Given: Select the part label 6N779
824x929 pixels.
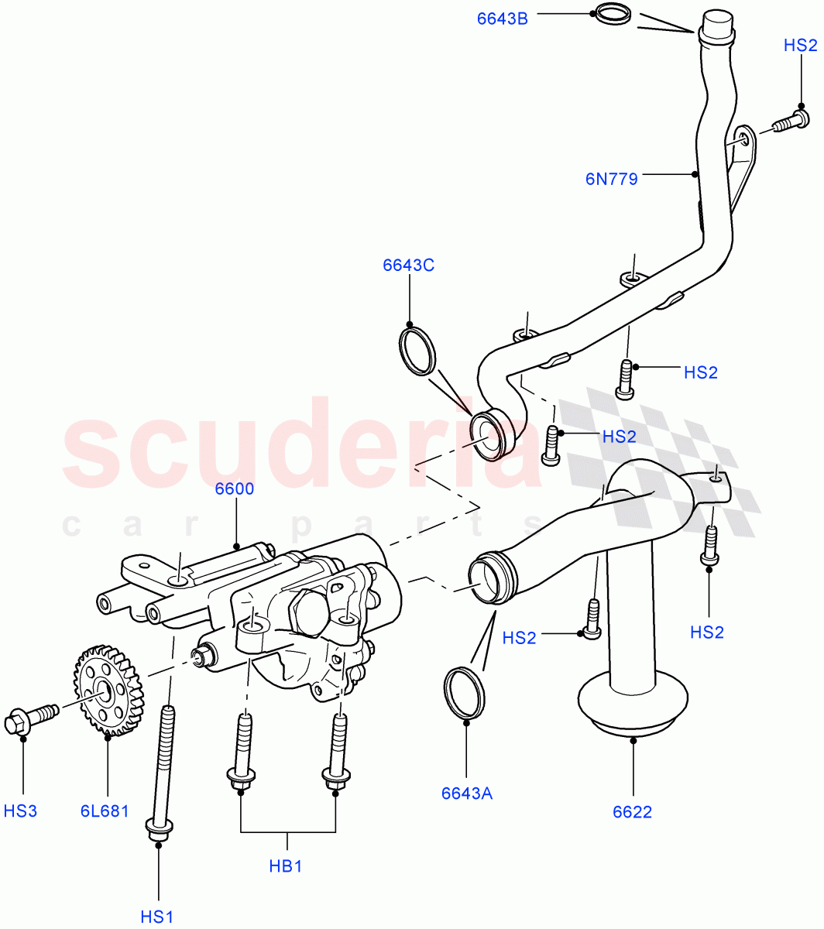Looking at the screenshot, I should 612,180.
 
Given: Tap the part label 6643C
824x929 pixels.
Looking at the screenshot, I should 408,266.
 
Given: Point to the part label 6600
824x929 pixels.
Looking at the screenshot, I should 235,489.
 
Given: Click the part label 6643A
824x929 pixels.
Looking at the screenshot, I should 467,793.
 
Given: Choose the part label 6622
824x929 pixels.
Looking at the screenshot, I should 632,811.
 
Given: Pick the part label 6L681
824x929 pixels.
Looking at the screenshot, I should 104,811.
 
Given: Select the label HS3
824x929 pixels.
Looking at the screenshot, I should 21,811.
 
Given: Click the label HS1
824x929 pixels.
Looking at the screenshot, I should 158,917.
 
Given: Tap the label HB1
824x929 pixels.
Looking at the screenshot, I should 286,866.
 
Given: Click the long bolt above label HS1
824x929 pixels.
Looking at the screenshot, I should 163,766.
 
